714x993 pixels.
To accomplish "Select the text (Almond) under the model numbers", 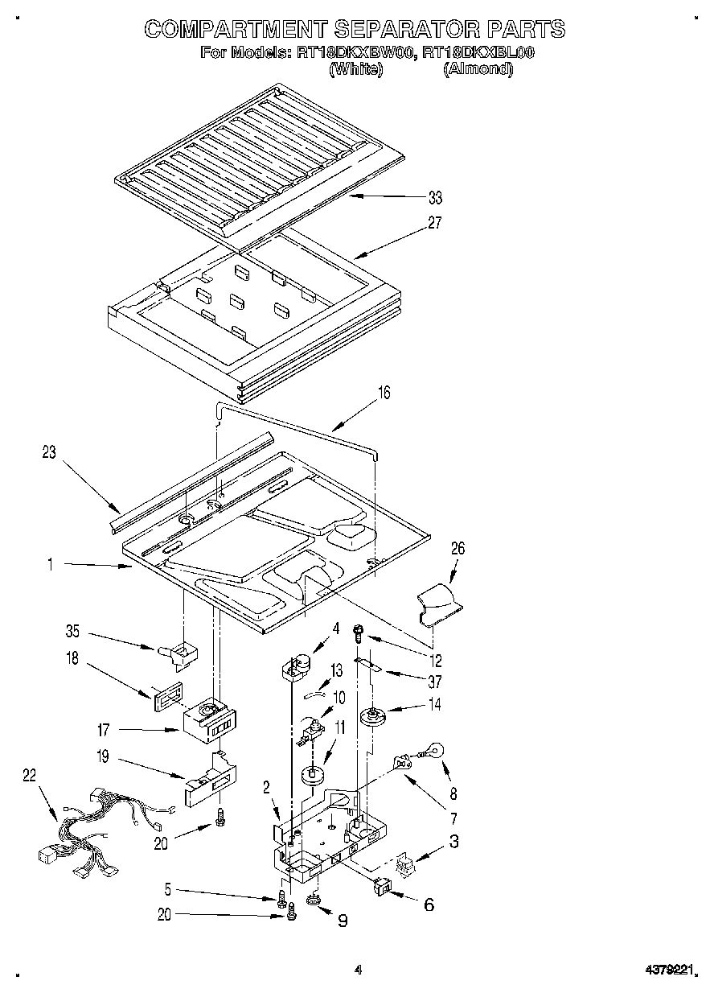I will point(478,69).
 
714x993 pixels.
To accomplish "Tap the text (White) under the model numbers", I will point(355,69).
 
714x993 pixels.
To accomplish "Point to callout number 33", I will point(435,197).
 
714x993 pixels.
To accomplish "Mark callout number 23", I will point(49,452).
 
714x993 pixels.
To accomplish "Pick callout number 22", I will point(29,774).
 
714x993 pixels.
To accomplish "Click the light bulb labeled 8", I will point(432,752).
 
